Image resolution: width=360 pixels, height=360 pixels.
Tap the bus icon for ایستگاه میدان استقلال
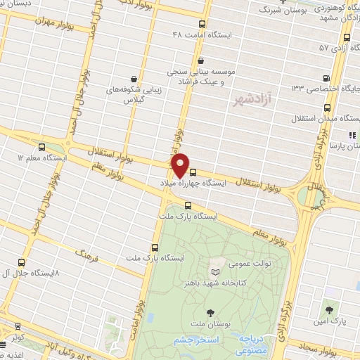point(328,108)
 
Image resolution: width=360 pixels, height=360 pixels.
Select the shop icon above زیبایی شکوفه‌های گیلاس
point(134,79)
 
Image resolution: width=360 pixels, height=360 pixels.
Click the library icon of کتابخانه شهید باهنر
point(215,272)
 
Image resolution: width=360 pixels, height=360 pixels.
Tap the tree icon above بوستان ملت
point(210,311)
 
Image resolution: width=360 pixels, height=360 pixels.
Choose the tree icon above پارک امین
point(329,310)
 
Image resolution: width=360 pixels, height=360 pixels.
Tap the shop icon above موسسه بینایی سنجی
point(202,61)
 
